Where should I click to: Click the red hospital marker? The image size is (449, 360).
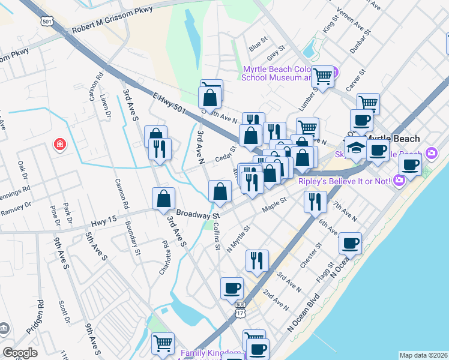tap(59, 144)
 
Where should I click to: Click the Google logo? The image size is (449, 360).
tap(20, 353)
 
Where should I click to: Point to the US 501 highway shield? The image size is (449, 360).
tap(47, 22)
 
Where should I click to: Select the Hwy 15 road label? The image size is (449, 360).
tap(103, 222)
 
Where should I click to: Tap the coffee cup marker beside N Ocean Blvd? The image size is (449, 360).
tap(350, 243)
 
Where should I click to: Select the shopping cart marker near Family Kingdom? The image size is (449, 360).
tap(163, 344)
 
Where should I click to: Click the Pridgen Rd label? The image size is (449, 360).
tap(34, 317)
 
